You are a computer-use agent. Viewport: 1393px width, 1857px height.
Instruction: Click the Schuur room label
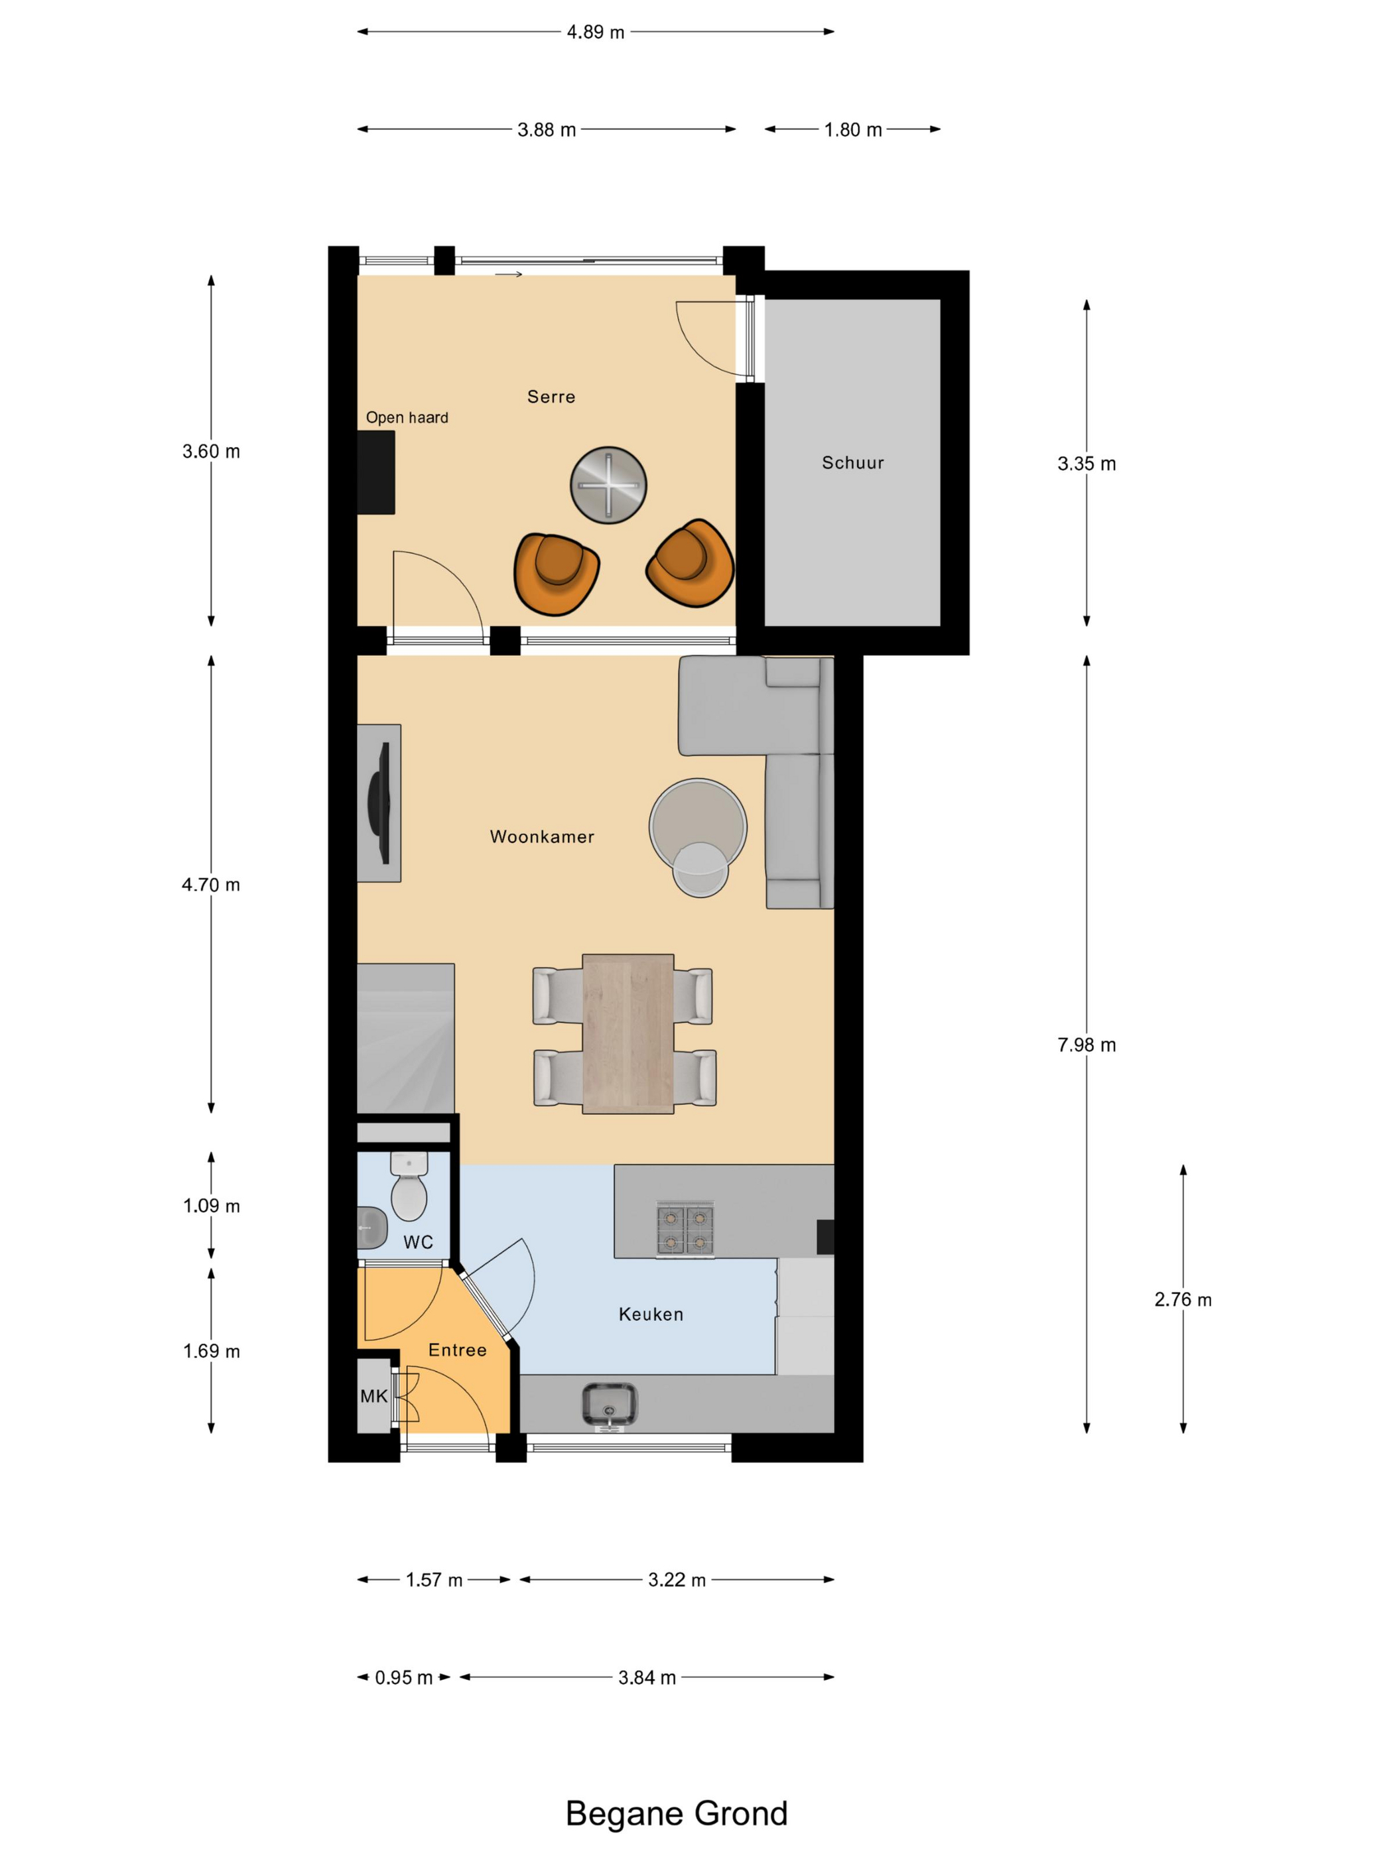coord(852,462)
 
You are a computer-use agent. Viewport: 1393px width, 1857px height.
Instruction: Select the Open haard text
coord(407,417)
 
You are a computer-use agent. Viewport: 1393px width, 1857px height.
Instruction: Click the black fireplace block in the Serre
coord(376,473)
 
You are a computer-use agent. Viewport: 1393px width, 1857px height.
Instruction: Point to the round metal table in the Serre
coord(608,485)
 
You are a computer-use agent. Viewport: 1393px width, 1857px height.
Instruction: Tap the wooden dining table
coord(628,1033)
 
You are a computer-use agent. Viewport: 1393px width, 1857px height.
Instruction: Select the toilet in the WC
coord(409,1186)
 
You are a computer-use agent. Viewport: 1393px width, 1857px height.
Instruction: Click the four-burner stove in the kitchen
coord(685,1229)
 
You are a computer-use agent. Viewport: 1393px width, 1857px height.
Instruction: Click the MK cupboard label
coord(373,1396)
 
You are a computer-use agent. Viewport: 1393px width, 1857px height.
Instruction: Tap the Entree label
coord(458,1350)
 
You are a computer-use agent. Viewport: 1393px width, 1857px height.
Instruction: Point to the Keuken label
coord(651,1314)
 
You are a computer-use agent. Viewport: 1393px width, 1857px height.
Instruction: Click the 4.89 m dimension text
coord(595,32)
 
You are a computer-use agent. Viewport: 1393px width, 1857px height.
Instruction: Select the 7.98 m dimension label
coord(1087,1045)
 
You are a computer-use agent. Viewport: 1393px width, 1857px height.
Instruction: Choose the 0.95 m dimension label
coord(404,1677)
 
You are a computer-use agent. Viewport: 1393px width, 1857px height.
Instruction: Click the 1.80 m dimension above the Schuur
coord(853,130)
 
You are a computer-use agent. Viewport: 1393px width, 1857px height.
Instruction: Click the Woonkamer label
coord(543,837)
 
